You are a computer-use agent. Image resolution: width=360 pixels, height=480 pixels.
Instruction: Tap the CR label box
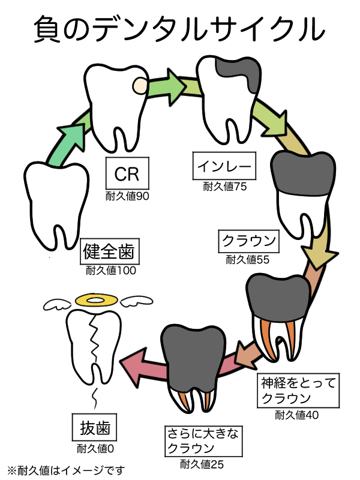[x=127, y=174]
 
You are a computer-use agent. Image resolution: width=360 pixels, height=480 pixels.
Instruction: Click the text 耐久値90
[x=127, y=196]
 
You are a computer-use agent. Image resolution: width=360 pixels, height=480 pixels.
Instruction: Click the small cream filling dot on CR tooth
[x=139, y=86]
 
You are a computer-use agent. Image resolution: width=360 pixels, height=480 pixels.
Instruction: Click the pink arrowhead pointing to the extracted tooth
[x=134, y=365]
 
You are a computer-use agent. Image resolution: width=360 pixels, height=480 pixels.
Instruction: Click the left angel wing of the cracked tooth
[x=59, y=304]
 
